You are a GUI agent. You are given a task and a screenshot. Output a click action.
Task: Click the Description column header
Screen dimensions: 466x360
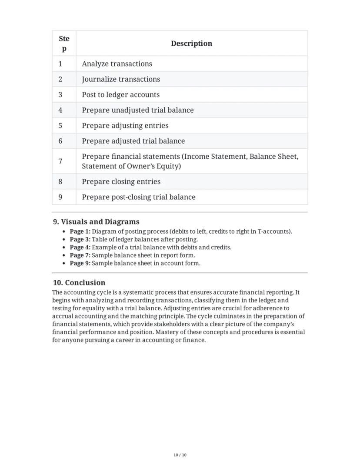click(191, 44)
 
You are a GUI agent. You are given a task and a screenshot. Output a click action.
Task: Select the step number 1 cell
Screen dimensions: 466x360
click(60, 64)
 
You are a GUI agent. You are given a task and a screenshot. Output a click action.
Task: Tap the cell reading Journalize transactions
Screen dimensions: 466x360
click(121, 79)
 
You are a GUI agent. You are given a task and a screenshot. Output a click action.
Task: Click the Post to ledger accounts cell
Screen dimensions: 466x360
click(120, 95)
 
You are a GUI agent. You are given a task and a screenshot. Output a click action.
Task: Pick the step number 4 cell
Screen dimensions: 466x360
click(60, 110)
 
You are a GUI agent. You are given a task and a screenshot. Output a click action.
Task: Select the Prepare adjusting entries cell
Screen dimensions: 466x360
click(125, 126)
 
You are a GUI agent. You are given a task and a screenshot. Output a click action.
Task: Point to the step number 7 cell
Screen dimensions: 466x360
click(60, 161)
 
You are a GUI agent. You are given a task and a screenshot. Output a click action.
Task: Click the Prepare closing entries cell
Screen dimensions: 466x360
click(121, 182)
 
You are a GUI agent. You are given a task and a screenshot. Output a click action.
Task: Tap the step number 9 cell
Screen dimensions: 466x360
click(60, 197)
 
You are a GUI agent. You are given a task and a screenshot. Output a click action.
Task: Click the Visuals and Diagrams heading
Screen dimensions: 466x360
click(96, 222)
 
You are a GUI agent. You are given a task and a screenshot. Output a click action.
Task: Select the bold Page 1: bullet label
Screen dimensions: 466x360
click(80, 231)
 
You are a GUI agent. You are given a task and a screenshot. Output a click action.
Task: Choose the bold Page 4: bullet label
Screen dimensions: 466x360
click(80, 247)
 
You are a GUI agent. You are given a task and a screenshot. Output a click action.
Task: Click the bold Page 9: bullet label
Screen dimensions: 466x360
click(80, 263)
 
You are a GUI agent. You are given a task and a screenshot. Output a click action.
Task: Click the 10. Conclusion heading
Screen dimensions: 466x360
click(79, 283)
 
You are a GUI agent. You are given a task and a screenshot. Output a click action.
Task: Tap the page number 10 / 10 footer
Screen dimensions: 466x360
click(180, 455)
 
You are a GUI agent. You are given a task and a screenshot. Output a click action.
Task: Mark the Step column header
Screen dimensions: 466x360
click(64, 44)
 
